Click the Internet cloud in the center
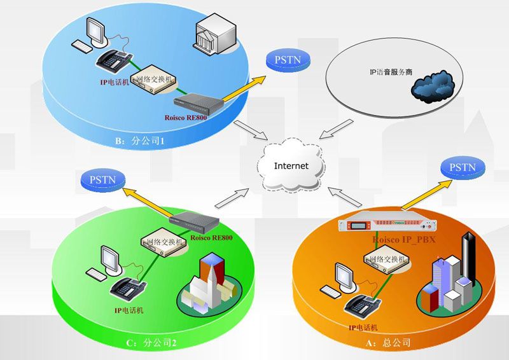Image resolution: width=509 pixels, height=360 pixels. click(291, 166)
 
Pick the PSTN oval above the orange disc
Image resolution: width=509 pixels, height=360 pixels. click(463, 167)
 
